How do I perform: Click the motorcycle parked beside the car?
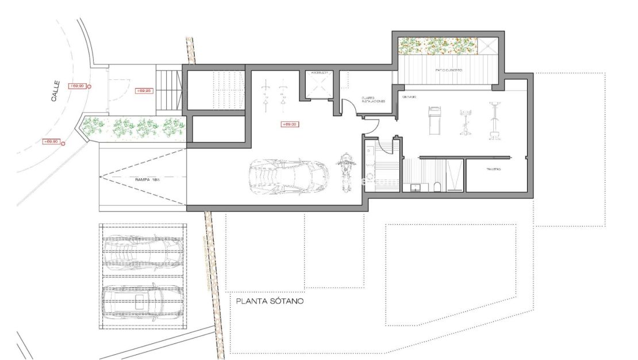coord(345,171)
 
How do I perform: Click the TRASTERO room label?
coord(494,170)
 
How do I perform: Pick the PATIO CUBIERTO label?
coord(449,70)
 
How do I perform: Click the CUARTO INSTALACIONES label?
coord(372,99)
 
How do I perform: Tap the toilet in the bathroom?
coord(437,186)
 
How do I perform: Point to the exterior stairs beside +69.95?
coord(168,90)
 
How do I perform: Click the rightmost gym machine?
coord(493,121)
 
